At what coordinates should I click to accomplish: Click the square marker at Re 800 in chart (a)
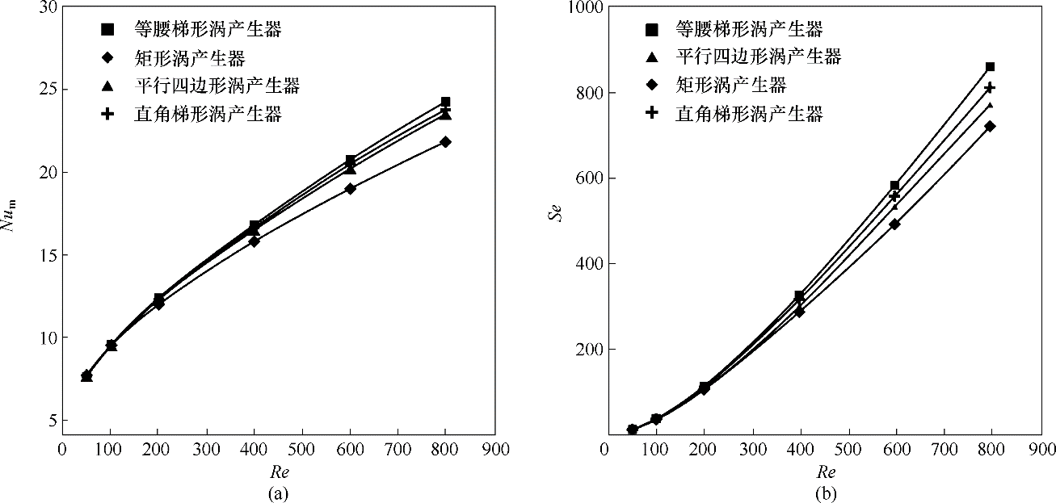pyautogui.click(x=445, y=103)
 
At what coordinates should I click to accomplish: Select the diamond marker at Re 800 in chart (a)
pyautogui.click(x=445, y=142)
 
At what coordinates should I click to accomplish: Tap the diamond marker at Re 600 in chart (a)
pyautogui.click(x=351, y=188)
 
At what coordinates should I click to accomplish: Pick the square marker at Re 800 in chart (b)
pyautogui.click(x=990, y=67)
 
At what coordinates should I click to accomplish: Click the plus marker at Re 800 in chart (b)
pyautogui.click(x=990, y=87)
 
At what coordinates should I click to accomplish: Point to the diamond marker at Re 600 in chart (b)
pyautogui.click(x=894, y=224)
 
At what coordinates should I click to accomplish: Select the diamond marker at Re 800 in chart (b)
pyautogui.click(x=990, y=126)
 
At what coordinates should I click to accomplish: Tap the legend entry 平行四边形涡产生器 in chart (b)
pyautogui.click(x=758, y=57)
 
